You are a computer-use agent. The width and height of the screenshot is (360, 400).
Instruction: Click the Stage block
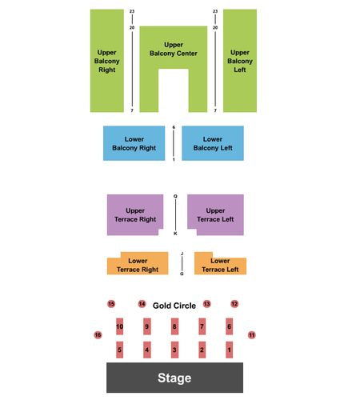(x=174, y=378)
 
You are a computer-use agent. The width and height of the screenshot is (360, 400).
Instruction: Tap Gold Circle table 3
(x=174, y=350)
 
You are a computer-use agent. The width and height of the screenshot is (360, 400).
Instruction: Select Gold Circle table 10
(x=119, y=326)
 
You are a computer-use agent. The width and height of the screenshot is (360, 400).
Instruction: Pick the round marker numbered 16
(x=98, y=334)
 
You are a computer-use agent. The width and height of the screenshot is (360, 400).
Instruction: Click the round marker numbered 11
(x=252, y=334)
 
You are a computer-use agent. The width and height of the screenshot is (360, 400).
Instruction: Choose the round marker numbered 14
(x=142, y=304)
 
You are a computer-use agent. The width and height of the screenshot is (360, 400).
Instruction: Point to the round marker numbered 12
(x=234, y=304)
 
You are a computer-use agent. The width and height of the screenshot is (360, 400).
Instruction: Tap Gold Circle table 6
(x=229, y=326)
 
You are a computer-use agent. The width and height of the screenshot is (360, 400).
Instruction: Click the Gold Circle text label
(x=174, y=306)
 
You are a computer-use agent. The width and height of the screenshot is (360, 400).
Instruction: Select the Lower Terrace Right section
(x=138, y=266)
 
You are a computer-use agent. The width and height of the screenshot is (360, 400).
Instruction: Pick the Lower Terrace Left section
(x=220, y=266)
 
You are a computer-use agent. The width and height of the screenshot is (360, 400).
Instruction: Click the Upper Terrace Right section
(x=135, y=214)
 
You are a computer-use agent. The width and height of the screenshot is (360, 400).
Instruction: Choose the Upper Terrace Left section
(x=215, y=214)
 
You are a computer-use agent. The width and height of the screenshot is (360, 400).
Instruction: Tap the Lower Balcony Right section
(x=134, y=143)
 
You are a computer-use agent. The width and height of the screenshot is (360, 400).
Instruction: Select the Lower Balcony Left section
(x=213, y=143)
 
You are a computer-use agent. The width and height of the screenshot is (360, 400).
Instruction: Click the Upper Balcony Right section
(x=107, y=61)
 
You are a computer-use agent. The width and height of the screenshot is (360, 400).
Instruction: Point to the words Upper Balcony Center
(x=174, y=49)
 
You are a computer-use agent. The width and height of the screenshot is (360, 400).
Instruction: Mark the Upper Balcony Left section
(x=240, y=61)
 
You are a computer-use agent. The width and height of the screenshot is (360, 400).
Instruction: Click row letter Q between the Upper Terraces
(x=175, y=196)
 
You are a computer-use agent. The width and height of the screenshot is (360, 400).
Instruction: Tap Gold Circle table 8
(x=174, y=326)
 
